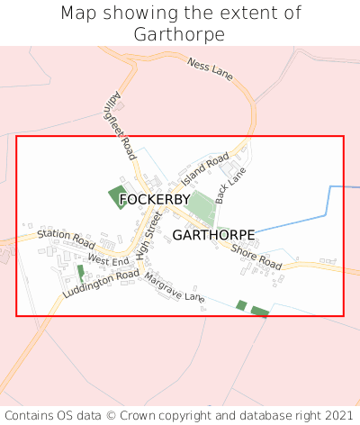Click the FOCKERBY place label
point(155,199)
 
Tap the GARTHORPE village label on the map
point(213,235)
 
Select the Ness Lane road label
point(210,69)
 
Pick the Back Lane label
point(224,188)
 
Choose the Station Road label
point(66,240)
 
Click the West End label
point(108,260)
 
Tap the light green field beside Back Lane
point(202,209)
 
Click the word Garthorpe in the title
point(179,34)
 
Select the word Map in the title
point(77,14)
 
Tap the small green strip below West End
point(80,272)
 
